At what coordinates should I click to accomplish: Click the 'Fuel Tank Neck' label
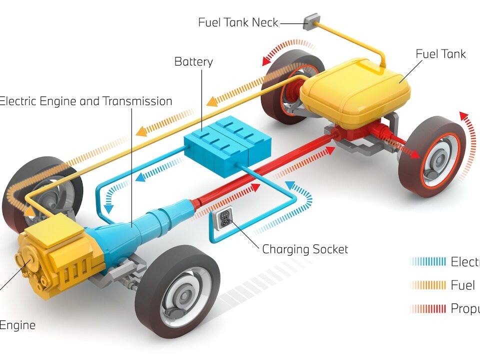(238, 22)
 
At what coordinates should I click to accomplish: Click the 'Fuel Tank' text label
(440, 54)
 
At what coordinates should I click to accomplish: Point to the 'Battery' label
(193, 62)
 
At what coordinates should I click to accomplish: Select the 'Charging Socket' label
(305, 249)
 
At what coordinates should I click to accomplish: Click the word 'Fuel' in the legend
(462, 285)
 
